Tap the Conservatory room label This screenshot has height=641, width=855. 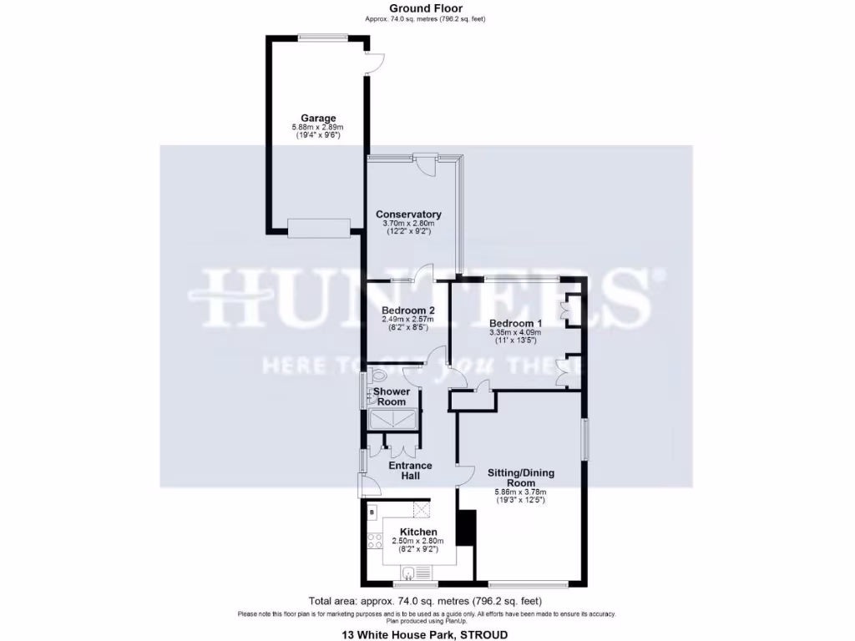[x=408, y=215]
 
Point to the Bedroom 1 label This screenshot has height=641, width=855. [x=515, y=323]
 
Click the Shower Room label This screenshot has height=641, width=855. [x=391, y=396]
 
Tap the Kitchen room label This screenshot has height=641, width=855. [x=418, y=532]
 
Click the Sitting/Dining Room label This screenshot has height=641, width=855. [x=521, y=477]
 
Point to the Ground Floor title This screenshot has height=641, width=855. [x=426, y=8]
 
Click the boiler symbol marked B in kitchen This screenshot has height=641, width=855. [x=372, y=511]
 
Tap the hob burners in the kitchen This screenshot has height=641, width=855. [x=373, y=539]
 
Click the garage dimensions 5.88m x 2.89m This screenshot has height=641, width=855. [x=317, y=127]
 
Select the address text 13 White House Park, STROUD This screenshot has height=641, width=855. [x=425, y=635]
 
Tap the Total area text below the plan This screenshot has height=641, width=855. [x=426, y=600]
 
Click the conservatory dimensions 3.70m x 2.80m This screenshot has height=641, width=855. [x=409, y=224]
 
